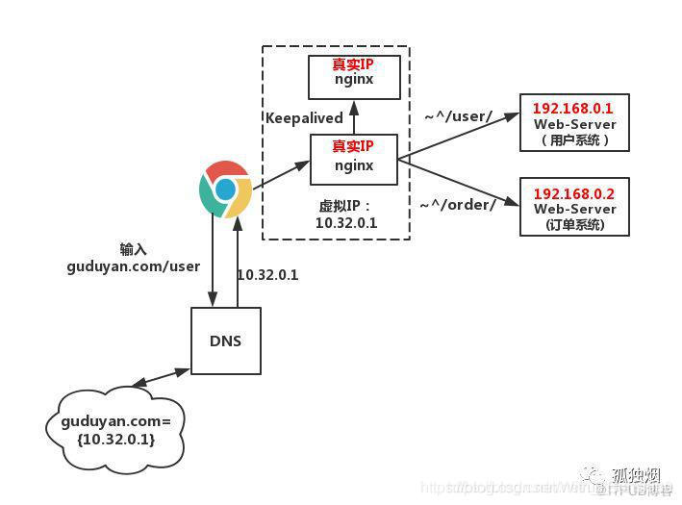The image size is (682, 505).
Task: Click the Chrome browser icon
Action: (x=225, y=189)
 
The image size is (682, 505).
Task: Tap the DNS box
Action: (x=225, y=341)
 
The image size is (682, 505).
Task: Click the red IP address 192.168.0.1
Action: (x=574, y=108)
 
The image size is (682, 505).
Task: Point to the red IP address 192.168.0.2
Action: (x=574, y=192)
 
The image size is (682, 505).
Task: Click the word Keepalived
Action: (x=304, y=117)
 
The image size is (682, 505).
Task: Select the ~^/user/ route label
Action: (x=459, y=116)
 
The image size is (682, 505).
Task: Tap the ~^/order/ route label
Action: (x=458, y=204)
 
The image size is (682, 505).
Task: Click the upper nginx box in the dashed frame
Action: (x=353, y=77)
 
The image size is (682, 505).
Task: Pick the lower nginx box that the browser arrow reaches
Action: (x=353, y=159)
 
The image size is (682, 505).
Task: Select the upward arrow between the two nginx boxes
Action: (x=353, y=116)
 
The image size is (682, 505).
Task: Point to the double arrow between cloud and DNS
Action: (x=160, y=378)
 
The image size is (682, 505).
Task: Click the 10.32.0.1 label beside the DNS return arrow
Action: (x=267, y=274)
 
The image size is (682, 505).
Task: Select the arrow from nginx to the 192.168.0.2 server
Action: (x=457, y=183)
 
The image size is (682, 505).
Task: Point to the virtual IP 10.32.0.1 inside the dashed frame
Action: (x=346, y=222)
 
